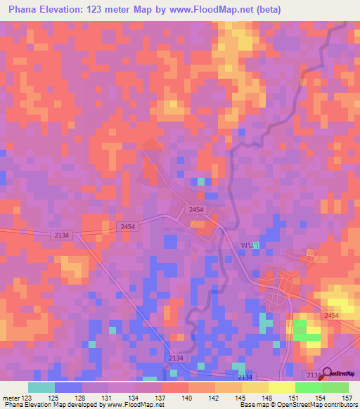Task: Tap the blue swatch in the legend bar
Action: pos(67,387)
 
